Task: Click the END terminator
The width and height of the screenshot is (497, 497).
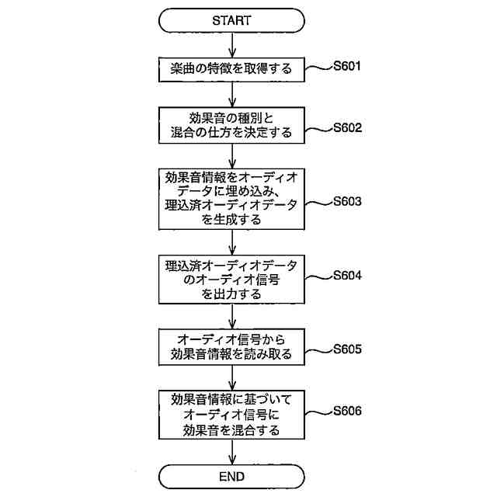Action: [x=231, y=474]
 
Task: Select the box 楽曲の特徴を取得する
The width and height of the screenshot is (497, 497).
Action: [x=231, y=70]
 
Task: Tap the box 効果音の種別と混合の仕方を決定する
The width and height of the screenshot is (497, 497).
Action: [x=231, y=126]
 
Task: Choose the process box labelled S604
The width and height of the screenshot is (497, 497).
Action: [x=231, y=279]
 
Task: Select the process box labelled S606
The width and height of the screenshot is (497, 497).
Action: [x=231, y=413]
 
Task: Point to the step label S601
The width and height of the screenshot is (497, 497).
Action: [x=346, y=66]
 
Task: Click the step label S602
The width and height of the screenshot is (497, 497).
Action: [x=346, y=127]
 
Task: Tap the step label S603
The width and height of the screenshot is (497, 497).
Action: [x=346, y=201]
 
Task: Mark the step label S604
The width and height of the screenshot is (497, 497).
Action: [x=346, y=275]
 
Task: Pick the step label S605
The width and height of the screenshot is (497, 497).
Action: [x=346, y=349]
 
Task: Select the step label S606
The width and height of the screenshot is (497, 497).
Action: [x=346, y=409]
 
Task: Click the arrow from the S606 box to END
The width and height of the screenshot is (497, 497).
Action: [x=231, y=450]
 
